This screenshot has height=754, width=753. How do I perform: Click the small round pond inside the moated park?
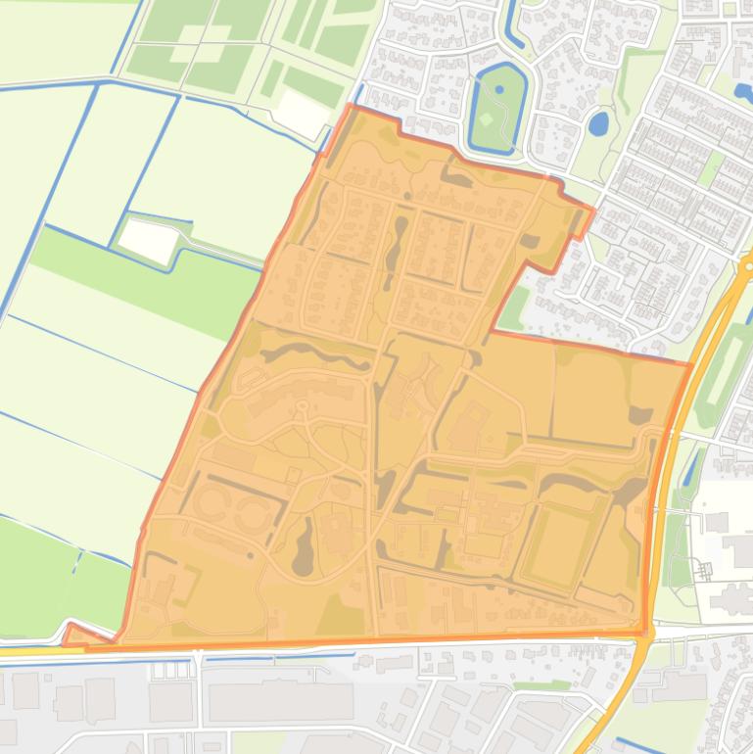point(499,89)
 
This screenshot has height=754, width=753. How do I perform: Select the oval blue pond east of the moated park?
point(597,123)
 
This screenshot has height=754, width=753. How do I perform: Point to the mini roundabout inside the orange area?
point(302,404)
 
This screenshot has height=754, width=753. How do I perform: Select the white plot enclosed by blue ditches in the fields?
point(147,239)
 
